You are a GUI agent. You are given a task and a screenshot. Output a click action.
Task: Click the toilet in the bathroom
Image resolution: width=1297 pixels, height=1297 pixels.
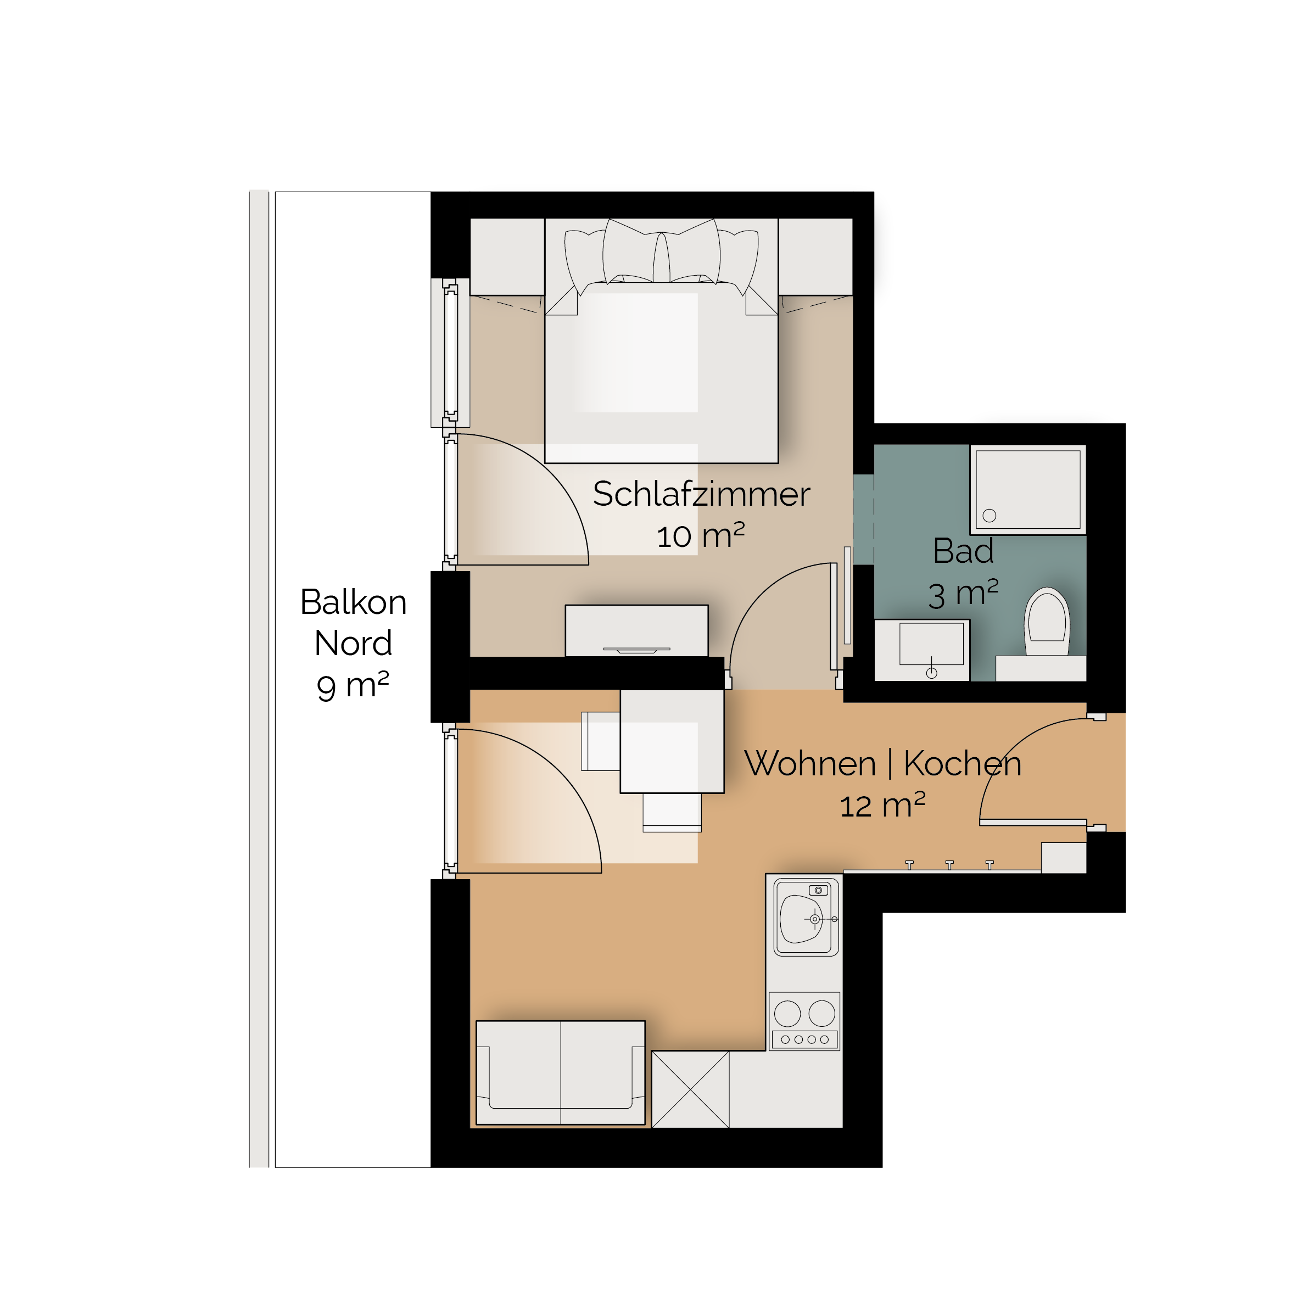pyautogui.click(x=1047, y=622)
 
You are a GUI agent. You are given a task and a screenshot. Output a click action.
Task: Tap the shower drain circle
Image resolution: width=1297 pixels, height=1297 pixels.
pyautogui.click(x=989, y=516)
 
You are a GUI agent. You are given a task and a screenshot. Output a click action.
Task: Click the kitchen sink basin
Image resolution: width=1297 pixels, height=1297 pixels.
pyautogui.click(x=803, y=918)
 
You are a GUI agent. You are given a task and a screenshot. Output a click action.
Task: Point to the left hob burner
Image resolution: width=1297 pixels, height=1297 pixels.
pyautogui.click(x=787, y=1014)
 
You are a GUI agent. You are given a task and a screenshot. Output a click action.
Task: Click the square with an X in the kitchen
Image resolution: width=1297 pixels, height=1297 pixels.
pyautogui.click(x=690, y=1089)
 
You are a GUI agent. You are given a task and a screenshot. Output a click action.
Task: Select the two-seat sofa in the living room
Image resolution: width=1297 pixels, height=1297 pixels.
pyautogui.click(x=561, y=1072)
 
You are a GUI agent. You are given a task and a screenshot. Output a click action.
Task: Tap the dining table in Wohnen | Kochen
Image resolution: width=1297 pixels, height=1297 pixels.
pyautogui.click(x=672, y=741)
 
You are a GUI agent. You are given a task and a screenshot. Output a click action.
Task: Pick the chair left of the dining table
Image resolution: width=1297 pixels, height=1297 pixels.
pyautogui.click(x=601, y=741)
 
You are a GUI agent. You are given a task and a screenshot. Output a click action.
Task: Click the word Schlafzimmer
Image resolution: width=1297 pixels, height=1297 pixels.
pyautogui.click(x=702, y=494)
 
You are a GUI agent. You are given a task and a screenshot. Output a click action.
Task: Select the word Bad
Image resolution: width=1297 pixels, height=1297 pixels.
pyautogui.click(x=963, y=551)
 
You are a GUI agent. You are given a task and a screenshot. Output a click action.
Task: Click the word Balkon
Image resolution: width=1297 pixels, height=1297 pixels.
pyautogui.click(x=353, y=602)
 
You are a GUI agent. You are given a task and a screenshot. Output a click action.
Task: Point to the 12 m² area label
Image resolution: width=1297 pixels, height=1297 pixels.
pyautogui.click(x=882, y=805)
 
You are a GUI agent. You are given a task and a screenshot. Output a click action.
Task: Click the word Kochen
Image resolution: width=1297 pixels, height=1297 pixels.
pyautogui.click(x=963, y=763)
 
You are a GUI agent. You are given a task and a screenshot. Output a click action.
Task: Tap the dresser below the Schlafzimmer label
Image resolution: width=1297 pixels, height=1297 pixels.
pyautogui.click(x=636, y=630)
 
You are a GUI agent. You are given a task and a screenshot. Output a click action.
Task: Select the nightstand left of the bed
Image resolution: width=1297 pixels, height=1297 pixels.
pyautogui.click(x=507, y=256)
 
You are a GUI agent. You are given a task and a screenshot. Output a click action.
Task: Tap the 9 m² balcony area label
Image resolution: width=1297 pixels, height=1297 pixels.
pyautogui.click(x=353, y=685)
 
